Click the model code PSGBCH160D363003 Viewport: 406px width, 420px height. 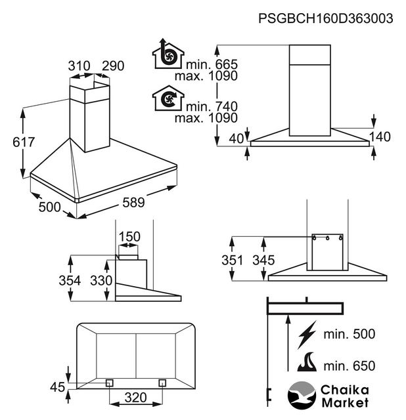click(x=326, y=19)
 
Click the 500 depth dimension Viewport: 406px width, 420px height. click(x=49, y=207)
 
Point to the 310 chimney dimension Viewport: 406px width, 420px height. click(x=79, y=66)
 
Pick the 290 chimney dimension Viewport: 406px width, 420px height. click(x=113, y=66)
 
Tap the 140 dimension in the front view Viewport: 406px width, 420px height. click(x=380, y=137)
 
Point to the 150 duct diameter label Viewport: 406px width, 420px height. click(x=129, y=236)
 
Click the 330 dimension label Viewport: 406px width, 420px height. click(x=101, y=281)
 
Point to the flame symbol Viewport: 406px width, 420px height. click(x=309, y=362)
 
